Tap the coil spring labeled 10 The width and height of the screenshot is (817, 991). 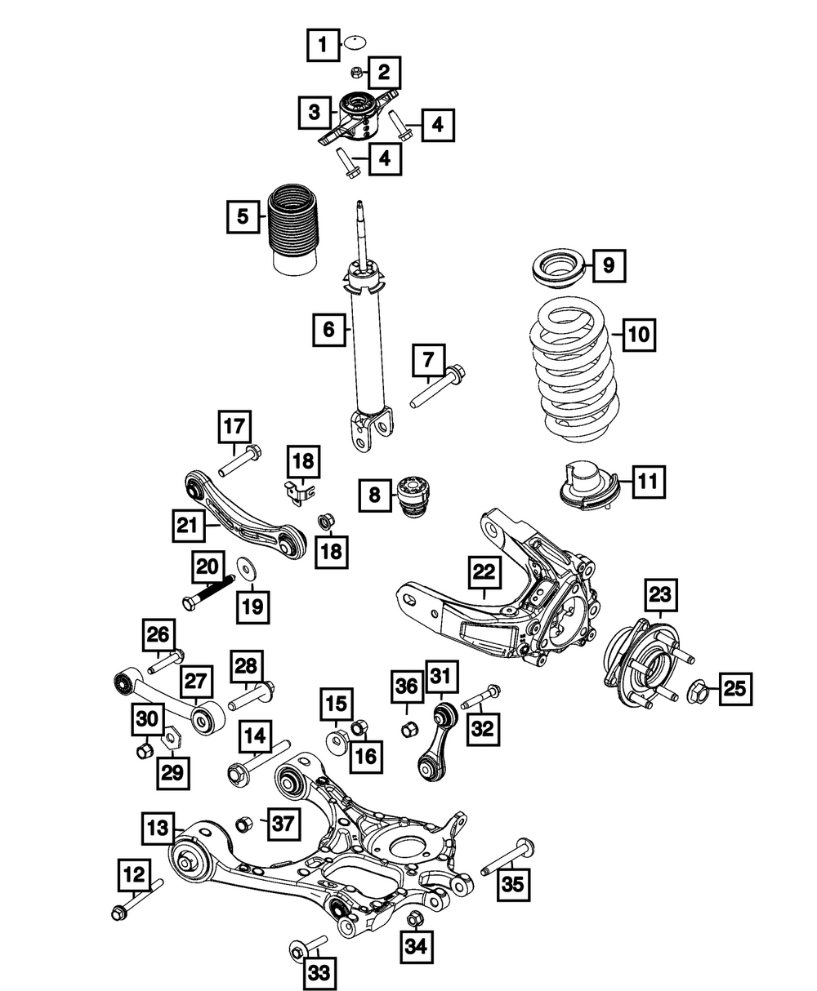pyautogui.click(x=571, y=371)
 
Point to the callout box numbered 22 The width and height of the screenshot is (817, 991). pyautogui.click(x=484, y=574)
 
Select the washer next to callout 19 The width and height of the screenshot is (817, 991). pyautogui.click(x=243, y=568)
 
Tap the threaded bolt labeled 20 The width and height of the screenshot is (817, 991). pyautogui.click(x=208, y=593)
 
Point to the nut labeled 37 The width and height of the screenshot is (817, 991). pyautogui.click(x=243, y=824)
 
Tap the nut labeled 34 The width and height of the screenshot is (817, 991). pyautogui.click(x=413, y=919)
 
